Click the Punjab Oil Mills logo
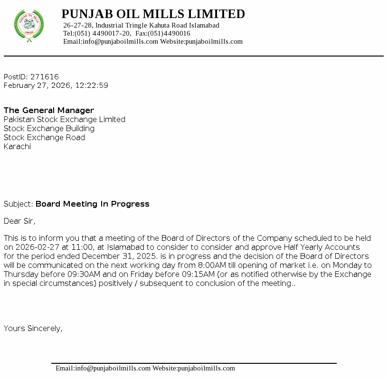29,25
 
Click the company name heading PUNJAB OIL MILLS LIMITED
153,14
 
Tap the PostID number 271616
45,76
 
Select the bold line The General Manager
49,110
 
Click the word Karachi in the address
17,146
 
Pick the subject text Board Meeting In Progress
93,204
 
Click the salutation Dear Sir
19,221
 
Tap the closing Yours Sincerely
33,328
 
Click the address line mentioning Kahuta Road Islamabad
141,25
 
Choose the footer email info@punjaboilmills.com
113,368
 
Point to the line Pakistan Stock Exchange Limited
65,119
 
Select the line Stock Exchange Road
44,137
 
